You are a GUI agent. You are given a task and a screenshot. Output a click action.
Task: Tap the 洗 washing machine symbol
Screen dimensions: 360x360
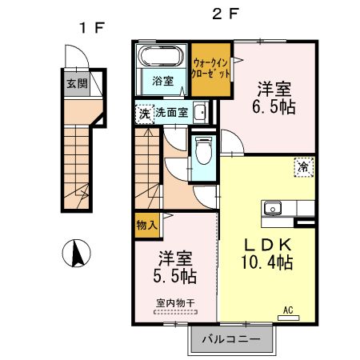tap(144, 113)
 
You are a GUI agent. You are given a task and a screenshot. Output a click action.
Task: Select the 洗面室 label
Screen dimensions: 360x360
tap(171, 113)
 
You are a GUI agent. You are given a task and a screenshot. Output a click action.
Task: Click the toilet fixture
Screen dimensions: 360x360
tap(203, 148)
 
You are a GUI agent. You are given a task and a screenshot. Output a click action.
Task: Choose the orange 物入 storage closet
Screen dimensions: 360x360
tap(146, 227)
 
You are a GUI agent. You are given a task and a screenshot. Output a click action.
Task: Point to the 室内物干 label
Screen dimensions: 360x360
tap(175, 303)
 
